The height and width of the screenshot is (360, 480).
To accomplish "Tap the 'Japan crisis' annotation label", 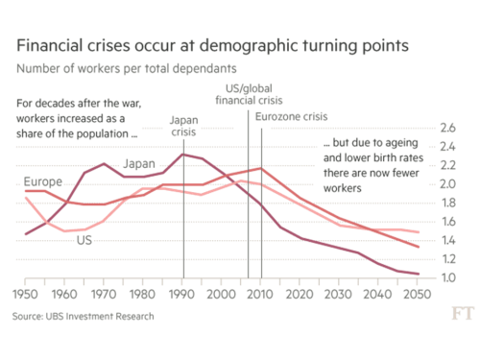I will [x=182, y=127].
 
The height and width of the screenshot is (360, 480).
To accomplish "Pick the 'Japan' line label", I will [x=139, y=163].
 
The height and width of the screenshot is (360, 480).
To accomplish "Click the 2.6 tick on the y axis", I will [x=447, y=128].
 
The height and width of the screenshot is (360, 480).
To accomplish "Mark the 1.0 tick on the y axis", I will [x=447, y=277].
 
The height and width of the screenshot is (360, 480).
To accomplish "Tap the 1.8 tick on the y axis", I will [x=447, y=203].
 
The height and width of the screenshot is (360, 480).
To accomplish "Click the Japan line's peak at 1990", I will [x=182, y=155].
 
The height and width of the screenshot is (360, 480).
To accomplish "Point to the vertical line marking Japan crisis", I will [x=182, y=221].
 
